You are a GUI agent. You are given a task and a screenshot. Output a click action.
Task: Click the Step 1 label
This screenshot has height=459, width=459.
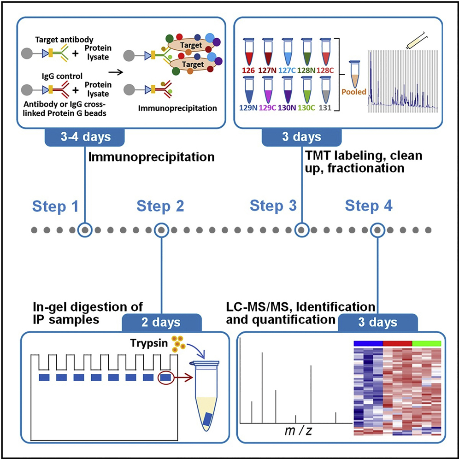56,206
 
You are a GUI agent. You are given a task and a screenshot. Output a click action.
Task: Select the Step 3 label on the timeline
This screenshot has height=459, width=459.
273,206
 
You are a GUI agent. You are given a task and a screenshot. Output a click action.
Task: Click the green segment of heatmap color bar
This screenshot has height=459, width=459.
426,343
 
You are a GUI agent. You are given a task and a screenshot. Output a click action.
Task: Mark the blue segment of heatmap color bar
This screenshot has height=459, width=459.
368,343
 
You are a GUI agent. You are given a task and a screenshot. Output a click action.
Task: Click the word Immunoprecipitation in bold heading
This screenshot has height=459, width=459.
152,157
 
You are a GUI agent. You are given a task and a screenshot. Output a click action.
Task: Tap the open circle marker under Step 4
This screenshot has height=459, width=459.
378,229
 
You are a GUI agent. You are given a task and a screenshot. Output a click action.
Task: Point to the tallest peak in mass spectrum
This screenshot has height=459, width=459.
262,387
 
